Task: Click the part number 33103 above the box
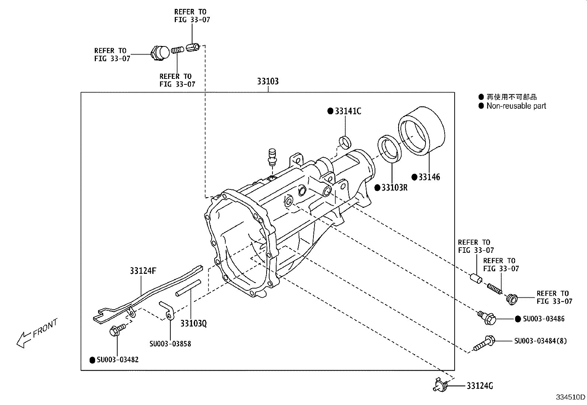point(268,81)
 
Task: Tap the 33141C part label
point(348,111)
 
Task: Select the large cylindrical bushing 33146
point(421,130)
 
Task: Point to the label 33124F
point(143,271)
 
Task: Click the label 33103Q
point(193,323)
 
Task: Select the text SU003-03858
point(170,344)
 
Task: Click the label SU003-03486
point(543,319)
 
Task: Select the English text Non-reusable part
point(516,106)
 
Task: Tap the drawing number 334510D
point(570,397)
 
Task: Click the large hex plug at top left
point(160,52)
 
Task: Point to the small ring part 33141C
point(345,142)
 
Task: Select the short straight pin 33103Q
point(188,288)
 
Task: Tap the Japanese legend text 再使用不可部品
point(511,97)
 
